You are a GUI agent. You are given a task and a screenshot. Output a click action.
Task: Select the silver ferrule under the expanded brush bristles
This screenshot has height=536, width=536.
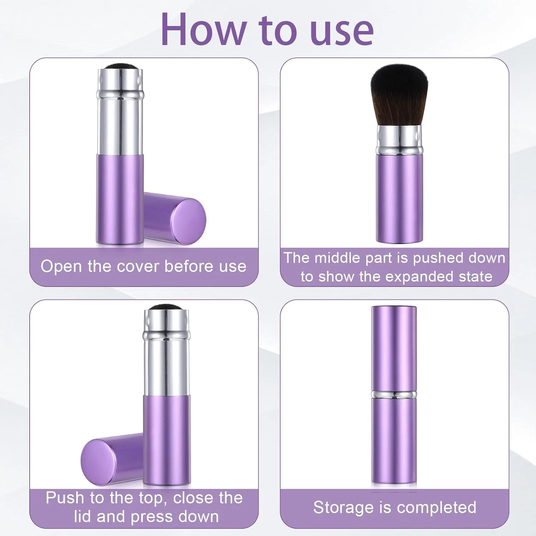[399, 140]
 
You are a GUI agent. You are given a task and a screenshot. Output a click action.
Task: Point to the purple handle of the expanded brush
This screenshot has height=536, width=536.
[399, 198]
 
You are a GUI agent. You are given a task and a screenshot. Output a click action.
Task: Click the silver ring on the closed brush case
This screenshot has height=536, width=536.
[394, 395]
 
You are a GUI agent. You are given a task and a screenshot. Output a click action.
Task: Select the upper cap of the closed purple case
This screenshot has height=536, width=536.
[394, 348]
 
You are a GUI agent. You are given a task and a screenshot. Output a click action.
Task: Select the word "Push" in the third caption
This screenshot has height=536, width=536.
[65, 498]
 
